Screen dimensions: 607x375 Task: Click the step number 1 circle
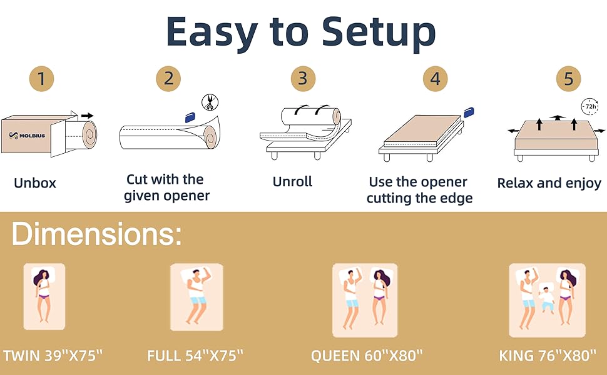click(41, 79)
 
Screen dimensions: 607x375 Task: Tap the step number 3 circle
click(303, 79)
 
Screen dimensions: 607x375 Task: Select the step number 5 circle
click(568, 79)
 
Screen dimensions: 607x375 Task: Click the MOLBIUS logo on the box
click(27, 135)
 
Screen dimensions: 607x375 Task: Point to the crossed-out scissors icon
click(210, 103)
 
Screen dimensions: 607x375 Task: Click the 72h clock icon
click(590, 106)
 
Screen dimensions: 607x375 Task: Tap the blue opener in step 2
click(190, 117)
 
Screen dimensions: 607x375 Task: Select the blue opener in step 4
click(469, 112)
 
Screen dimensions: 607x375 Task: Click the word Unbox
click(35, 183)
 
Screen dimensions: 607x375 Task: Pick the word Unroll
click(292, 181)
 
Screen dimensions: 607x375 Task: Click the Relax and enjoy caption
click(549, 183)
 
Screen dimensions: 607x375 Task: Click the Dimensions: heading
click(97, 234)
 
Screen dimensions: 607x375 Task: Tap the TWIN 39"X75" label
click(53, 356)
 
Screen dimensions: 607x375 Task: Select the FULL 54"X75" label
click(195, 356)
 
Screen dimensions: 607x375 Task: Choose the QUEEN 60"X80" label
click(367, 356)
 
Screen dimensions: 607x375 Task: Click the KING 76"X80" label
click(548, 356)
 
